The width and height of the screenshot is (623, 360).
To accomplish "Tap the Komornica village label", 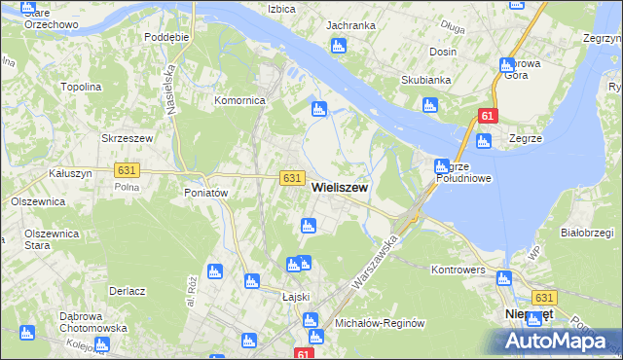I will point(240,100).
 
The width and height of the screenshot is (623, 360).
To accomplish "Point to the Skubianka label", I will point(422,81).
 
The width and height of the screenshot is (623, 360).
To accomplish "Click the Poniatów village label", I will point(205,193).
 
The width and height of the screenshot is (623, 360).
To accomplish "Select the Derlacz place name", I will point(128,291).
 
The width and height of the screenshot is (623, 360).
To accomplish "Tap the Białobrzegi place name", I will point(587,233).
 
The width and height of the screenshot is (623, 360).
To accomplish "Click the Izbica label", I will point(281,8).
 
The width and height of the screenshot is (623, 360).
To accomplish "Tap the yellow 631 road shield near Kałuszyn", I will point(127,169).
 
